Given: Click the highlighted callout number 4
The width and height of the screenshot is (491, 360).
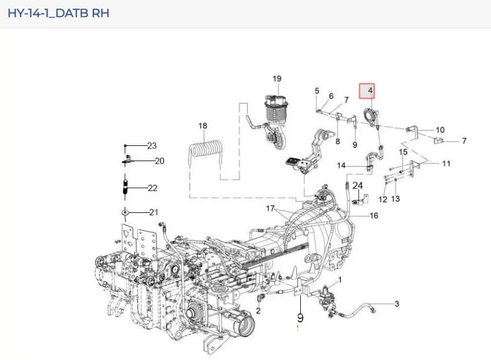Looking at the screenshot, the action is point(370,91).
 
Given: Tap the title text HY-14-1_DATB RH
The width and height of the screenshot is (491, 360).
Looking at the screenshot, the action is point(58,14).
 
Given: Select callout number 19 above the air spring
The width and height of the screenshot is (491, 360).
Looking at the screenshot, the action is point(277,78).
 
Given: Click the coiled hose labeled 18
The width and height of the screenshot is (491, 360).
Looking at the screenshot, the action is point(205,151).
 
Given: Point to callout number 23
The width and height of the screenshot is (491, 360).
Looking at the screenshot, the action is point(152,145).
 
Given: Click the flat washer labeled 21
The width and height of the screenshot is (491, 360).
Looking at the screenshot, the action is point(125,213).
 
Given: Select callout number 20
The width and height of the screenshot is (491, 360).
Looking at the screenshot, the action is point(160,161).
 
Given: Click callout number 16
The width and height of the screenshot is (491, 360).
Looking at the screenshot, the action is point(374,215).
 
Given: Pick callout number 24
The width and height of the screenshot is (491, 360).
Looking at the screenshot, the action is point(357,185).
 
